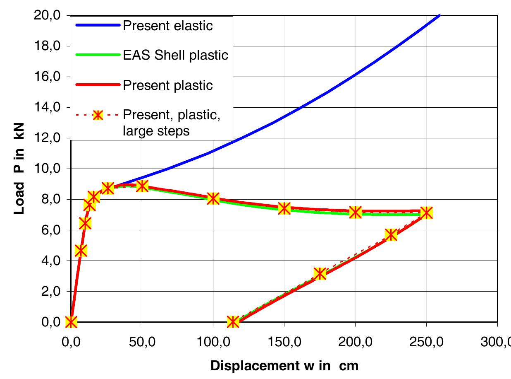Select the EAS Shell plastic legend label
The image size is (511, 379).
[176, 56]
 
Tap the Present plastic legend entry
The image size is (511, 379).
[168, 85]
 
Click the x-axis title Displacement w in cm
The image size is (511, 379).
[284, 366]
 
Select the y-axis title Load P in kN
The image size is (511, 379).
[19, 168]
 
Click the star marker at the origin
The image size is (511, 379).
[71, 321]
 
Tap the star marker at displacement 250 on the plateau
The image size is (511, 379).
[426, 213]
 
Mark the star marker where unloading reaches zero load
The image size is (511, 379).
[233, 321]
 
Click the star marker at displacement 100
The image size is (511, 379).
[213, 198]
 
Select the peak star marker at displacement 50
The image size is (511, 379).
[142, 186]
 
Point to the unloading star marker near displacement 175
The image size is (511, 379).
[320, 273]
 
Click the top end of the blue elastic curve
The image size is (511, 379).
[440, 15]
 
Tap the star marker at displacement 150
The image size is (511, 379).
[284, 208]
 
